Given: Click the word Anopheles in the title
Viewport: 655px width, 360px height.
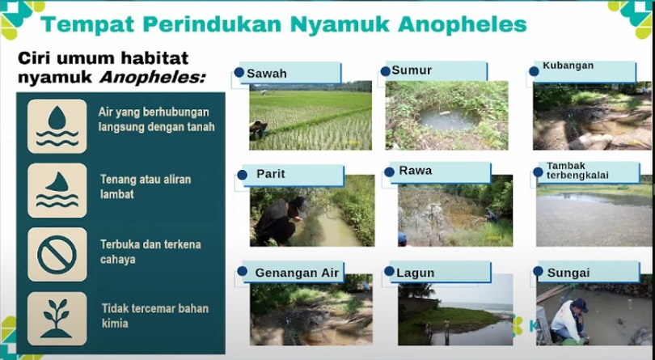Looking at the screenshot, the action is coord(462,24).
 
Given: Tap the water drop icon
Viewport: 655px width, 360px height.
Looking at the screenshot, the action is coord(57,126).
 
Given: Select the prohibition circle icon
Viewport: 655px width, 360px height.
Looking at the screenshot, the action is coord(57,255).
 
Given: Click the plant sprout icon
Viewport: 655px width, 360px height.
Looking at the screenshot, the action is coord(57,318).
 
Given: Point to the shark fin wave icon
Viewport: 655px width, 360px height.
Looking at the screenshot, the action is coord(57,190).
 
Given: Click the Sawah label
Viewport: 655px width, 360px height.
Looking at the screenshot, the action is coord(267,74).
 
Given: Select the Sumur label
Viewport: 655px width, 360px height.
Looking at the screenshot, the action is coord(412,70).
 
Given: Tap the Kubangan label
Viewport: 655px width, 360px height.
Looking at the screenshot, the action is coord(568,66).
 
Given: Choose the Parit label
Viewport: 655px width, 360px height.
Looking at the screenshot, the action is coord(271,174).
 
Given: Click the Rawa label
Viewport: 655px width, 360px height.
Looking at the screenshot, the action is coord(416,171).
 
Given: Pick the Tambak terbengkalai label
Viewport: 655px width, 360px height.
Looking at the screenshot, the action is coord(572,171).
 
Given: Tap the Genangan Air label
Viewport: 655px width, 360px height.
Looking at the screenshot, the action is coord(297,273).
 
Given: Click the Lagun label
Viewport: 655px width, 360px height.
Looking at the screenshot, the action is coord(415,273).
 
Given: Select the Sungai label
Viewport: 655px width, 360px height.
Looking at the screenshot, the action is coord(568,273).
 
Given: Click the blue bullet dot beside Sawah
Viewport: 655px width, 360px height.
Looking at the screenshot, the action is coord(239,72).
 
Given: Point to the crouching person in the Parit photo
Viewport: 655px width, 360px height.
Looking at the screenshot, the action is coord(281,220).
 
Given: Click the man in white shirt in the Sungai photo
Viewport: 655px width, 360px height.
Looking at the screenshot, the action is coord(569,321).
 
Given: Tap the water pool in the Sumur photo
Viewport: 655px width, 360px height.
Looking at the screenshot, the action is coord(449,120).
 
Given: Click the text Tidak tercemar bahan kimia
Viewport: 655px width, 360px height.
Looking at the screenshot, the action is coord(155,316).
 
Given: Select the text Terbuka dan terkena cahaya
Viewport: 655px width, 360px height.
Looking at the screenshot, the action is coord(150,252).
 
